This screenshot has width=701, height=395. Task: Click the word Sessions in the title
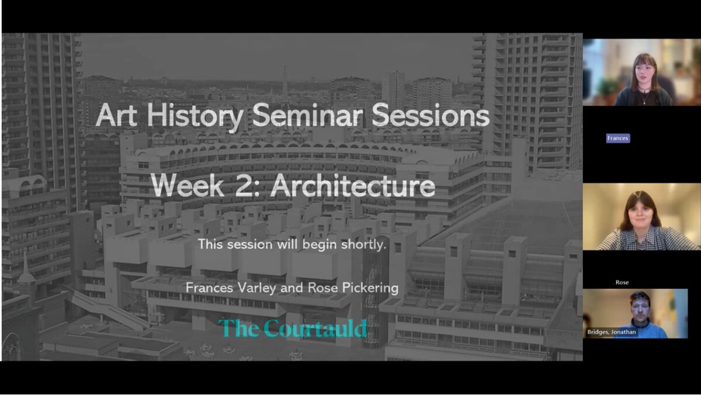tap(431, 115)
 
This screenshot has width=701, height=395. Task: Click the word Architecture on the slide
tap(352, 185)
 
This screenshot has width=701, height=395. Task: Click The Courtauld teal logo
tap(293, 328)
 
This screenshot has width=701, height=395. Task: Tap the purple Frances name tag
tap(618, 138)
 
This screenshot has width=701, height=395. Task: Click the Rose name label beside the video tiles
tap(622, 283)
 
